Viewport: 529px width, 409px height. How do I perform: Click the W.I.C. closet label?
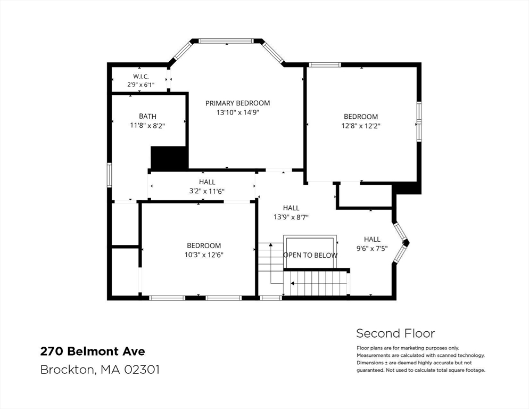click(x=140, y=76)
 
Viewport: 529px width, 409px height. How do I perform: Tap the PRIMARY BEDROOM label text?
click(x=237, y=103)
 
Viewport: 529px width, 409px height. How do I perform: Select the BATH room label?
click(x=148, y=116)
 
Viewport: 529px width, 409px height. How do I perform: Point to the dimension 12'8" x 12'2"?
click(x=361, y=126)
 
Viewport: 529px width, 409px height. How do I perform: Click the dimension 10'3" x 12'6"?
click(x=204, y=255)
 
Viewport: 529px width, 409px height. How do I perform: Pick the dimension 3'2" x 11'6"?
click(x=207, y=191)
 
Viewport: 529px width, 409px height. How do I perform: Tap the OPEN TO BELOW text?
click(x=310, y=255)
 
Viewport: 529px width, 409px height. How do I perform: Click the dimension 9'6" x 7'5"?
click(x=372, y=249)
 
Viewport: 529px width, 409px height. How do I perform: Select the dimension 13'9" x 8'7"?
click(x=291, y=217)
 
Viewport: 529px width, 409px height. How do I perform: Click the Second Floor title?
click(x=395, y=333)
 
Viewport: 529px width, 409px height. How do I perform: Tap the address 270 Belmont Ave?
click(x=93, y=351)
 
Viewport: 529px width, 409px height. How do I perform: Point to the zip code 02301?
click(x=142, y=370)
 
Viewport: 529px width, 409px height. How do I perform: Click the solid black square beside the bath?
click(x=169, y=158)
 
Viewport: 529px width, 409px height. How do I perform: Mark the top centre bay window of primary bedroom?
click(x=226, y=41)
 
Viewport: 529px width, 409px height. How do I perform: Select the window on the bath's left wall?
click(x=109, y=175)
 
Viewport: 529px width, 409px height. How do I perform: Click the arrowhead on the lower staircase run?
click(x=293, y=284)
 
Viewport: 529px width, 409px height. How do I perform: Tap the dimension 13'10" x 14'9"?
click(x=237, y=112)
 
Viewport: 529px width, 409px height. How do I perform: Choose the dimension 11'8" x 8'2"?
click(x=147, y=126)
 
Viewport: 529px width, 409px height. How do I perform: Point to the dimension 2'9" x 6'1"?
click(x=140, y=85)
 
